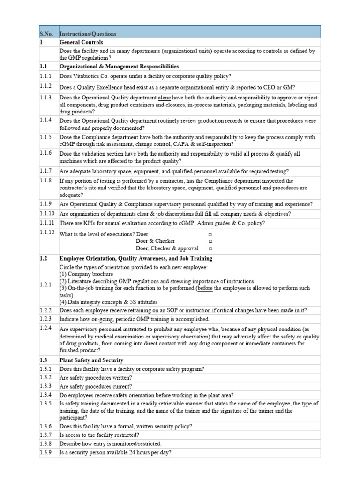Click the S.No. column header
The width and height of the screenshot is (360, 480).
(x=46, y=34)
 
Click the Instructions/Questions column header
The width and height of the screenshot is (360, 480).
(x=88, y=34)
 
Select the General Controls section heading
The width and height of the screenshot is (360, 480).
(x=81, y=42)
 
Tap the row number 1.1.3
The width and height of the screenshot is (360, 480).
(x=46, y=97)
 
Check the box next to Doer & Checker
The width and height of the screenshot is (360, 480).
(x=210, y=241)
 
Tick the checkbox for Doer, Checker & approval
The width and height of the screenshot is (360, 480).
(x=210, y=248)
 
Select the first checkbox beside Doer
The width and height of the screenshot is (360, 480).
(x=210, y=234)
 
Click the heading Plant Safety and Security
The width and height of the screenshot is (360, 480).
(x=91, y=360)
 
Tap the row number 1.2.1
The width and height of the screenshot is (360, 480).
(x=46, y=285)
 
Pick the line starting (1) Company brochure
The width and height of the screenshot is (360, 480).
(x=86, y=274)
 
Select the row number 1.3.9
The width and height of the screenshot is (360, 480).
(x=46, y=452)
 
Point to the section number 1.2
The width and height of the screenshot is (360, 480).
(x=44, y=258)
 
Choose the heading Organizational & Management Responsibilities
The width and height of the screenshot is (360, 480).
(x=119, y=67)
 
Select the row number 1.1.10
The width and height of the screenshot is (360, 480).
(x=47, y=214)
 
